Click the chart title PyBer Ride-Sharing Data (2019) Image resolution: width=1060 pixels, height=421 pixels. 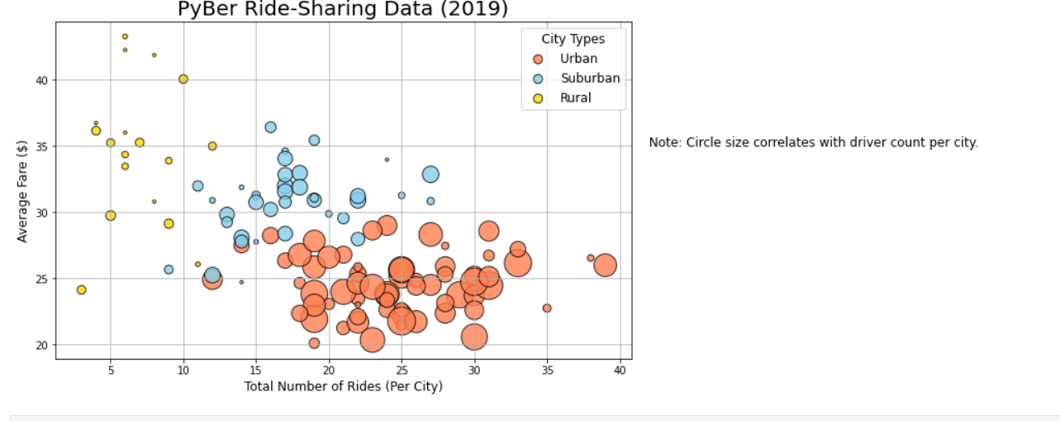point(343,9)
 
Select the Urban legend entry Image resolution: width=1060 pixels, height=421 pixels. point(578,59)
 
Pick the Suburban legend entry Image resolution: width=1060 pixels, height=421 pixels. point(590,79)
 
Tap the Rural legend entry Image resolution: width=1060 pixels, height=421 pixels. point(575,98)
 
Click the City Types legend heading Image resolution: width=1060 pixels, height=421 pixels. point(573,39)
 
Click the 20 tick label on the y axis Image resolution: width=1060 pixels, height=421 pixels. point(41,345)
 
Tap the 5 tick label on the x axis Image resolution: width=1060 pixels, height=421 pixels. point(111,373)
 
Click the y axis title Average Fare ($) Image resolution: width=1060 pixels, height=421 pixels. point(22,191)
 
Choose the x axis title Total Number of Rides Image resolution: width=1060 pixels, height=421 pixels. point(343,387)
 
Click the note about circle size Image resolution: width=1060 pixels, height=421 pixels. point(813,142)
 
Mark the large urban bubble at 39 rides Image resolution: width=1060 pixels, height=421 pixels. point(605,265)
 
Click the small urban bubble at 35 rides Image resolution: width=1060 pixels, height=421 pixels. point(547,308)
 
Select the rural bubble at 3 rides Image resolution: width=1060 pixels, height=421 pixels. point(81,289)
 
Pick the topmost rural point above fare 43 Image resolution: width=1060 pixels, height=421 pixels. point(125,36)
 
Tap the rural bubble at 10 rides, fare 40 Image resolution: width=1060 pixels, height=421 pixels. point(183,79)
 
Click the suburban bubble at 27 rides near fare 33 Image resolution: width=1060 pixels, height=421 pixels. point(430,175)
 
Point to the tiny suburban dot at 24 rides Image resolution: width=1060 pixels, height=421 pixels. point(387,160)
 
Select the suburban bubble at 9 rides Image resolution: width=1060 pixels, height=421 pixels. point(169,270)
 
